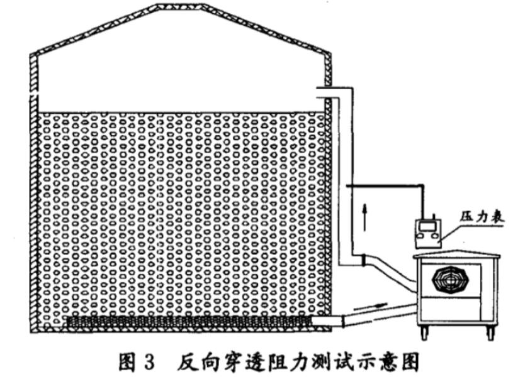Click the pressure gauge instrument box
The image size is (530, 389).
click(428, 233)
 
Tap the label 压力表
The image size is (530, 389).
click(482, 217)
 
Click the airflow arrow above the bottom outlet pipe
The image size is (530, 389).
click(371, 306)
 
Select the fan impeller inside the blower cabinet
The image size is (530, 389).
click(450, 280)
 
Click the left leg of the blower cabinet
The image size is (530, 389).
click(424, 332)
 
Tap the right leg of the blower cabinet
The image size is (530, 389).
click(490, 332)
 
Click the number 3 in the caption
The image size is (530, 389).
click(148, 363)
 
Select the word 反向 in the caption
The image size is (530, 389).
click(196, 363)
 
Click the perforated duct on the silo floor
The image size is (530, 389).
click(189, 321)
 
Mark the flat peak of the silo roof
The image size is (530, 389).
click(180, 7)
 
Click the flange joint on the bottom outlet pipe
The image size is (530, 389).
click(344, 321)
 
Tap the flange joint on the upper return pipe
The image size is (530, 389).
click(363, 260)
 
